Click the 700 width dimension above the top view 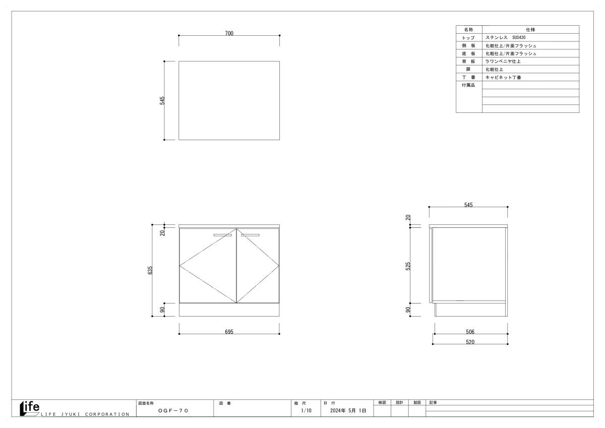[229, 33]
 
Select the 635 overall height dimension [150, 270]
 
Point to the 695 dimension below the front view [229, 332]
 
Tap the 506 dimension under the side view [470, 332]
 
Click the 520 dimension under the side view [470, 342]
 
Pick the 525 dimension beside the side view [408, 266]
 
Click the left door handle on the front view [222, 235]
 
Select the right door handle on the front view [251, 235]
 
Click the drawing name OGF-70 [173, 411]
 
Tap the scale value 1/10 [307, 410]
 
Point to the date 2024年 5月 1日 [348, 410]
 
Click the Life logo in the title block [30, 408]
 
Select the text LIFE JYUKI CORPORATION [85, 414]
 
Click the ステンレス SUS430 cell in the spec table [506, 37]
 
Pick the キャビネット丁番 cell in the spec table [503, 78]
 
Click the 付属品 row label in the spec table [468, 85]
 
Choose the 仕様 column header [530, 29]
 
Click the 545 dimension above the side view [468, 205]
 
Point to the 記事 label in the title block [433, 403]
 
